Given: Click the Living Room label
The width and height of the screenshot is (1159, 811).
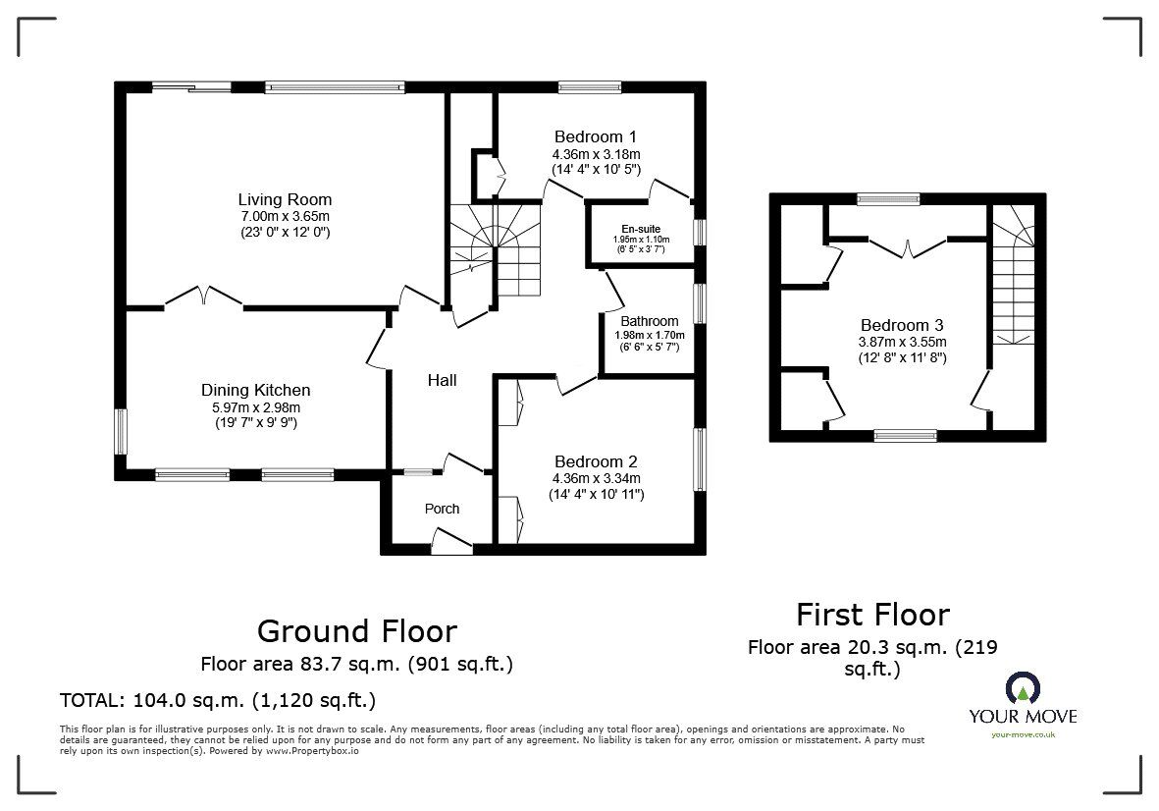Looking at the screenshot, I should click(x=285, y=199).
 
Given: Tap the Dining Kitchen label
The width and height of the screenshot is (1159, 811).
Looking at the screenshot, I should click(x=255, y=390).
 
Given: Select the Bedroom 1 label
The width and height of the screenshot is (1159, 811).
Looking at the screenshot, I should click(x=596, y=136).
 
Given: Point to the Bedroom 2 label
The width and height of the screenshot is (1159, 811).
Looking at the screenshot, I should click(x=596, y=461).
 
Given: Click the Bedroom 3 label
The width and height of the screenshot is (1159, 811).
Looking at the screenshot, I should click(x=902, y=325).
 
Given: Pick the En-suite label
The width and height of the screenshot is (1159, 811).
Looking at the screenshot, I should click(x=640, y=229).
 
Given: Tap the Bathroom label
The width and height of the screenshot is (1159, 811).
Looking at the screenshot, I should click(x=649, y=321).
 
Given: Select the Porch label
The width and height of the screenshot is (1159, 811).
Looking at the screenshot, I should click(x=442, y=509).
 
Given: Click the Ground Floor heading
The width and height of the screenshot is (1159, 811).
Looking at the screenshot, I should click(x=356, y=630).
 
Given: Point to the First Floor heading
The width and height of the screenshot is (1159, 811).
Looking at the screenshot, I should click(x=871, y=615).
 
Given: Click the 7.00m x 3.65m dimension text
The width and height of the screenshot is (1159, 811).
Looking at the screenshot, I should click(x=285, y=216).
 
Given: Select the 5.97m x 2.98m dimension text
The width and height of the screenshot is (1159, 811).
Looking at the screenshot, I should click(x=255, y=406).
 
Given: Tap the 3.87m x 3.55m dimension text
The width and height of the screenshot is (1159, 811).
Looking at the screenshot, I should click(x=902, y=342).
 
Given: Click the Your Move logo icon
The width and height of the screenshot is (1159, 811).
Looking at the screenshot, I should click(x=1023, y=689).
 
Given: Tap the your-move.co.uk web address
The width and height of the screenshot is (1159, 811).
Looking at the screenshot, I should click(x=1023, y=734).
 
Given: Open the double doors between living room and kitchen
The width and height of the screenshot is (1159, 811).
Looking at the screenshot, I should click(x=203, y=297).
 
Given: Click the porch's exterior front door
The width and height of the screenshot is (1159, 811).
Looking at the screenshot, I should click(x=451, y=543).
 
